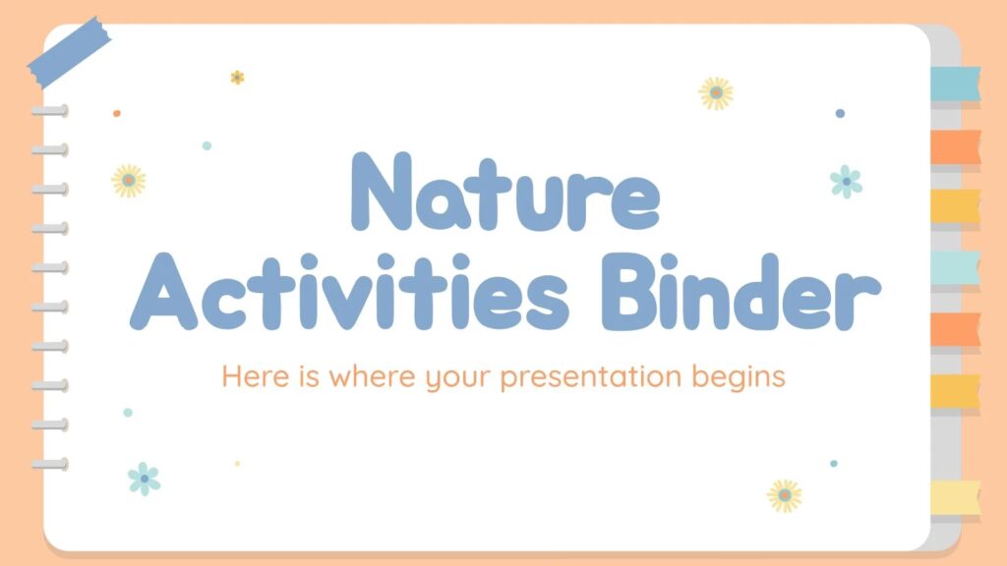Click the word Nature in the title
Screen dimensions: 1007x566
pos(505,192)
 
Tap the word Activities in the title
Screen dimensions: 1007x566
pos(349,292)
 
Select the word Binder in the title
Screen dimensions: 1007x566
pos(740,292)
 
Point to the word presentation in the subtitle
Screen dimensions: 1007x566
pos(590,376)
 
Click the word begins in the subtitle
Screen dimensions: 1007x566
pos(739,376)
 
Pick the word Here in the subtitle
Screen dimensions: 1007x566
pos(256,375)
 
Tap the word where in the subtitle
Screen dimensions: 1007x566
pos(372,375)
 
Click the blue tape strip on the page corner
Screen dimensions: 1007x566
pos(69,53)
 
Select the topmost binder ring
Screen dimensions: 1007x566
pos(50,111)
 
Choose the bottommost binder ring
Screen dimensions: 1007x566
pos(50,464)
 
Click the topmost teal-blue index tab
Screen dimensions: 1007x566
pos(956,84)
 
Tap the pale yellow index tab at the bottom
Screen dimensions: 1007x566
pos(956,497)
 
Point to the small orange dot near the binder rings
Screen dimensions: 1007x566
pos(117,114)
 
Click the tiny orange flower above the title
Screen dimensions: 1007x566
pos(238,78)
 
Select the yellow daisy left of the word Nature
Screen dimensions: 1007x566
pos(129,181)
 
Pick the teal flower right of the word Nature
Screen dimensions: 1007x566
pos(847,182)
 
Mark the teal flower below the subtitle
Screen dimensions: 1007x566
pos(145,479)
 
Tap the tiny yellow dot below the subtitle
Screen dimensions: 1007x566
pos(237,464)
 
